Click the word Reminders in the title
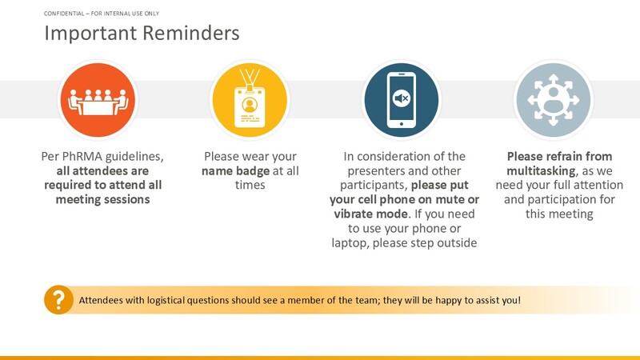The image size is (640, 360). coord(191,33)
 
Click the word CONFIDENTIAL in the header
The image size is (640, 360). coord(64,14)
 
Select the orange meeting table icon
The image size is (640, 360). coord(98,100)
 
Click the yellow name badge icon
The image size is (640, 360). coord(250,100)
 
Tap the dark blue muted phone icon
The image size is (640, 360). coord(402,100)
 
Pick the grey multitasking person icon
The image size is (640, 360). coord(554,100)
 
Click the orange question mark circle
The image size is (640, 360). coord(58,299)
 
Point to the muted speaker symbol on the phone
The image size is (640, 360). coord(402,98)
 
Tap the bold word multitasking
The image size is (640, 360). coord(542,170)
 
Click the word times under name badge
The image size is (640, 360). coord(250,185)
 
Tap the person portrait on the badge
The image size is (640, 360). coord(250,105)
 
